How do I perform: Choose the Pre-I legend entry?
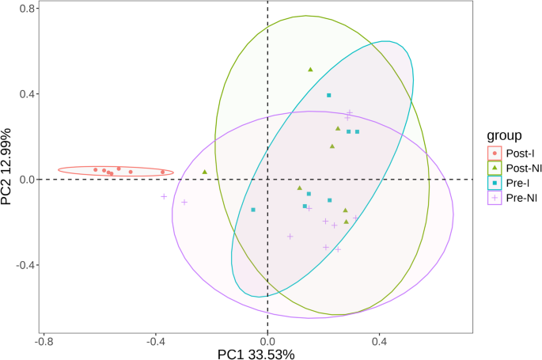click(x=514, y=182)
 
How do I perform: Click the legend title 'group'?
click(x=504, y=135)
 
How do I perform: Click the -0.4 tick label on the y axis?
click(x=24, y=265)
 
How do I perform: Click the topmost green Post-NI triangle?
click(x=310, y=70)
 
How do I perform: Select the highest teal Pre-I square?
click(x=329, y=95)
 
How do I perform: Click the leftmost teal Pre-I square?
click(x=253, y=210)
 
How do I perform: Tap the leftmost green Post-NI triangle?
click(x=205, y=172)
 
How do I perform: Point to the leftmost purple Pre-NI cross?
click(x=164, y=196)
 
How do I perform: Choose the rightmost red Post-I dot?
click(x=163, y=172)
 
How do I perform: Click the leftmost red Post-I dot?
click(x=96, y=169)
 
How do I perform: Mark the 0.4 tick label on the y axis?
click(x=26, y=94)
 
